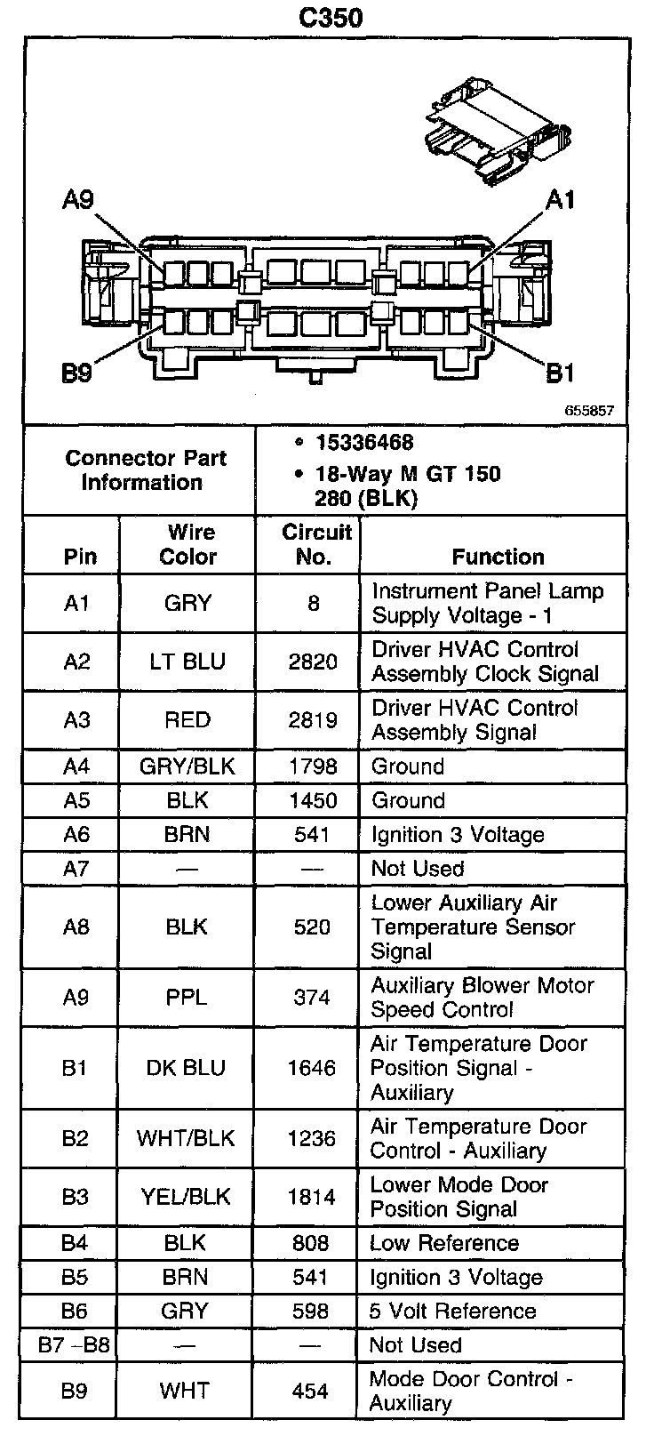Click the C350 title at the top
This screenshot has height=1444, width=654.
click(x=331, y=18)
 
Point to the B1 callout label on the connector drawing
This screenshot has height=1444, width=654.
click(x=559, y=373)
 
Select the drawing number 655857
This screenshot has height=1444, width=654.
click(x=588, y=412)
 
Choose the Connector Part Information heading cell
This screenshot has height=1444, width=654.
click(x=146, y=470)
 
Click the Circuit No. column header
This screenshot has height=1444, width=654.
click(x=316, y=544)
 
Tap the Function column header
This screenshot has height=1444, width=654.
click(x=498, y=557)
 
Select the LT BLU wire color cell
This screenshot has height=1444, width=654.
click(x=187, y=662)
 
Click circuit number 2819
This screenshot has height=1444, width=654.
click(x=313, y=720)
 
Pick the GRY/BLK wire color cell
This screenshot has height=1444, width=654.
click(x=187, y=766)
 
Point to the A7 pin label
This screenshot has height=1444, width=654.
click(x=76, y=868)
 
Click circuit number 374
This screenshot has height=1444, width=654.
click(x=312, y=998)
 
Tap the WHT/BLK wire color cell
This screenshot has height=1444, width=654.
click(x=186, y=1139)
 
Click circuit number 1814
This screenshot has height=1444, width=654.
click(x=312, y=1197)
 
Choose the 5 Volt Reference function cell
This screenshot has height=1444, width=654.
click(x=452, y=1311)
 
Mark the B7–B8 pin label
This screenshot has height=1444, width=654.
click(x=75, y=1344)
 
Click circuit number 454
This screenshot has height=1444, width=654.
click(x=310, y=1391)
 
